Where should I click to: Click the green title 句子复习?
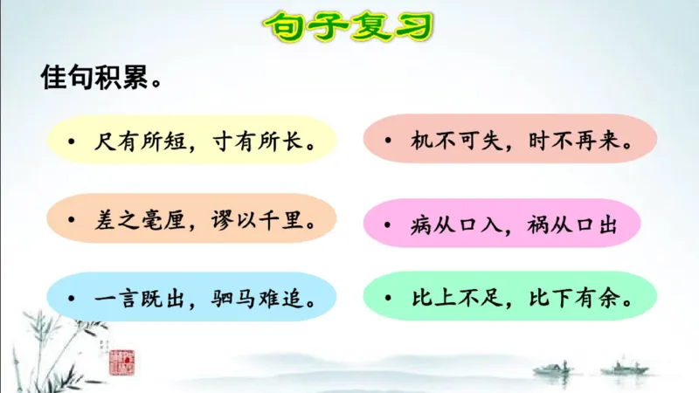coord(349,27)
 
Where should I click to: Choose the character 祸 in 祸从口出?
coord(541,224)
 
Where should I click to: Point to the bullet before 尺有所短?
coord(76,141)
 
